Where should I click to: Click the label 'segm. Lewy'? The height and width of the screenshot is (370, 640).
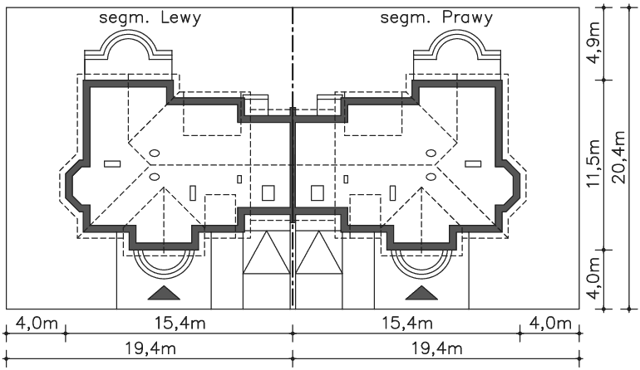click(x=150, y=18)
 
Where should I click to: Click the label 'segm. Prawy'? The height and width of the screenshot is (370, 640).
click(x=436, y=18)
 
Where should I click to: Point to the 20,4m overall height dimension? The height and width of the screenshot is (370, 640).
click(x=618, y=158)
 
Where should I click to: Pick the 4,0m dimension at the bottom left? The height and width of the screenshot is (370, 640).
click(x=37, y=324)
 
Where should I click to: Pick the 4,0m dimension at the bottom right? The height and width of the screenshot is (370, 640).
click(x=550, y=324)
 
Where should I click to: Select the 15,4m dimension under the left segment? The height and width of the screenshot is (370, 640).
click(x=180, y=324)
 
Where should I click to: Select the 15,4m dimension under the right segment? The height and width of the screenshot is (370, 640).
click(x=407, y=324)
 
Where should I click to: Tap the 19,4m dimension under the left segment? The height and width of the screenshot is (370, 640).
click(x=150, y=349)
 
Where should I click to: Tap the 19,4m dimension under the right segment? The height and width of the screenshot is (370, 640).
click(x=436, y=349)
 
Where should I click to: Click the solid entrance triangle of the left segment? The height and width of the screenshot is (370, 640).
click(x=164, y=293)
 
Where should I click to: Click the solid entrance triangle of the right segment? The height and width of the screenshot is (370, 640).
click(x=421, y=293)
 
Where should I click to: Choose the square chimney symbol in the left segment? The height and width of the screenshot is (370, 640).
click(x=268, y=192)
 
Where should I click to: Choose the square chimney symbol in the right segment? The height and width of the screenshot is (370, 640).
click(x=318, y=192)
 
